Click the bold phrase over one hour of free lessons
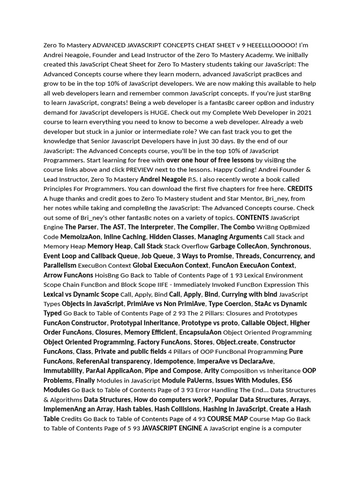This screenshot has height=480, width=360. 210,160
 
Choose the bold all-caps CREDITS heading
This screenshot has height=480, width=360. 300,189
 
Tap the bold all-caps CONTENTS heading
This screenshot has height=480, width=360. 253,217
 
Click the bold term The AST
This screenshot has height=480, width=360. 112,227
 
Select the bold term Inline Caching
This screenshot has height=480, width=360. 125,237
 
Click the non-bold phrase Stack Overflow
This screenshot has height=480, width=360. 187,247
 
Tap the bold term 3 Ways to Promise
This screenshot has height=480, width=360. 204,256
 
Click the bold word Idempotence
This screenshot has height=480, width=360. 174,361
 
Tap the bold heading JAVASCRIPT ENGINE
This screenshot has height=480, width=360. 172,428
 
